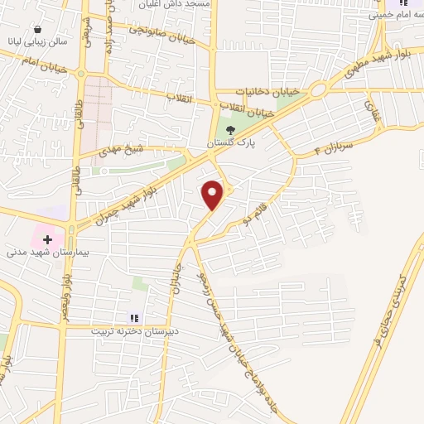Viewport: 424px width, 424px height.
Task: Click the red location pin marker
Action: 213,195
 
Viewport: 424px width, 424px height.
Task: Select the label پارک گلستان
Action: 231,142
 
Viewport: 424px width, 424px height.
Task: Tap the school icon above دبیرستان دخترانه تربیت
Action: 132,316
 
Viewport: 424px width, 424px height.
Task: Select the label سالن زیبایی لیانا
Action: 39,41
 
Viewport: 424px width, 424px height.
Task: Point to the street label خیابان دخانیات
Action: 264,91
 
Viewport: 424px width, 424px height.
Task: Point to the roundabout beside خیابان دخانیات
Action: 317,89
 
